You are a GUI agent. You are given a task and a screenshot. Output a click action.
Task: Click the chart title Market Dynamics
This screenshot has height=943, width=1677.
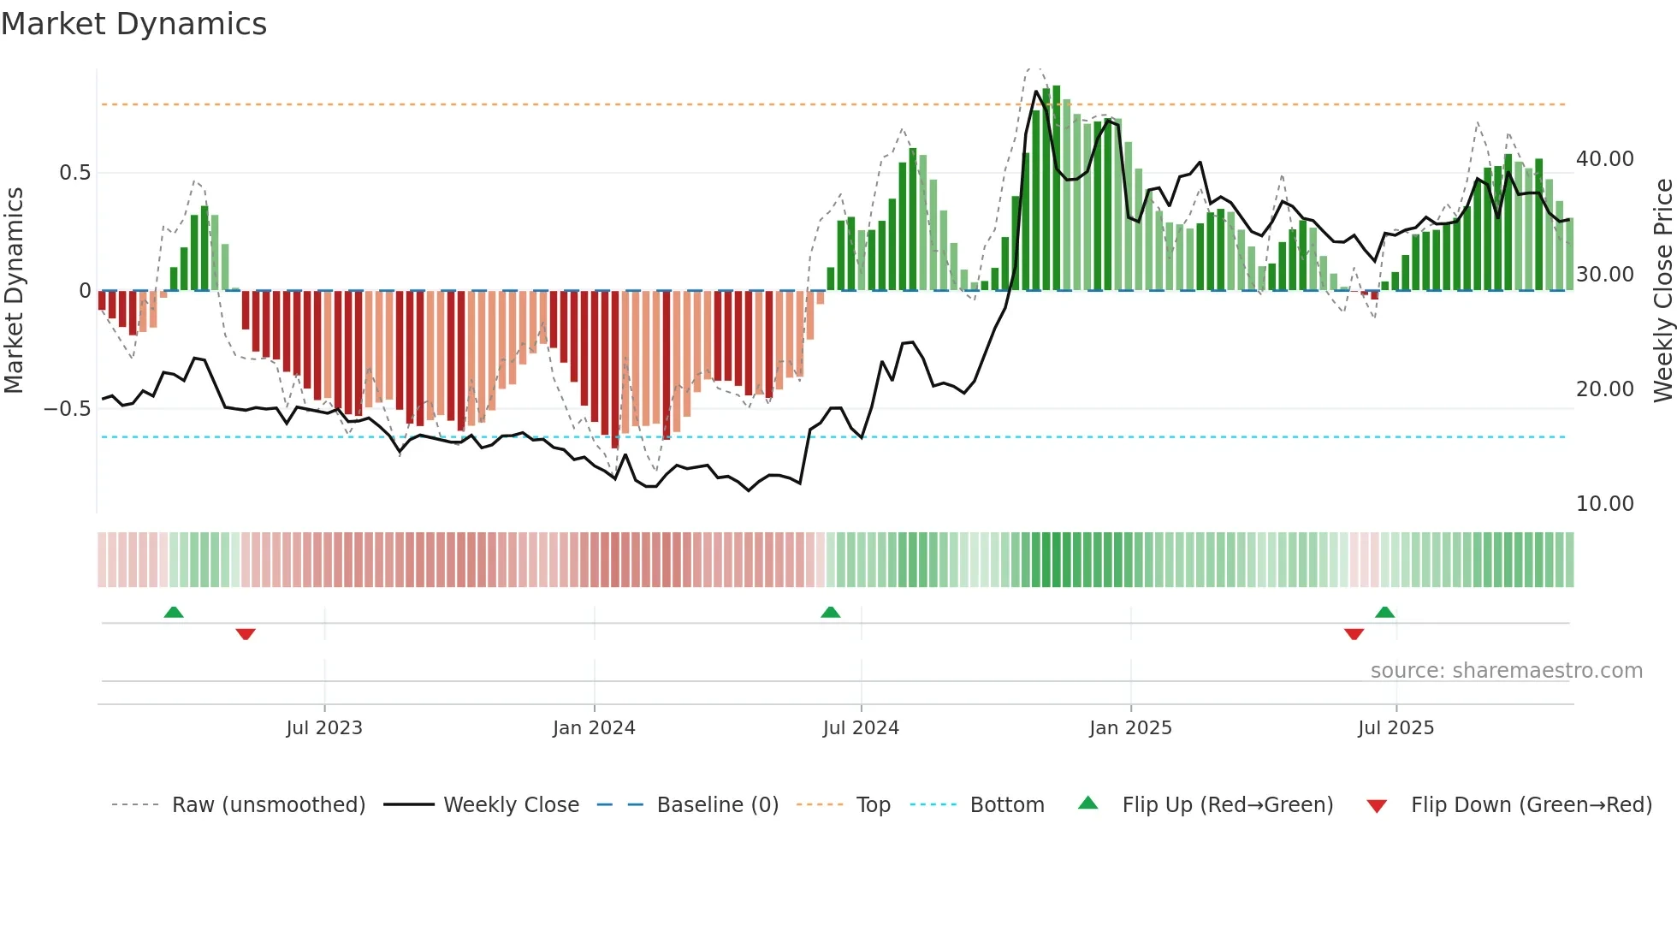[133, 24]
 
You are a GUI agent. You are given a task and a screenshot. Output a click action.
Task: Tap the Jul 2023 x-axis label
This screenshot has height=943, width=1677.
[324, 728]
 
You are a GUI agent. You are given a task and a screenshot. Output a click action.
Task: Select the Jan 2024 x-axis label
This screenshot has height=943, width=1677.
[594, 728]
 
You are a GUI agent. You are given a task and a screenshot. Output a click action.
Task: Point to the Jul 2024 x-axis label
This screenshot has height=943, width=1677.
[861, 728]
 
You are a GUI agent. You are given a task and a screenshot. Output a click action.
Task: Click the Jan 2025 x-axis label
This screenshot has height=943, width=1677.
[1130, 728]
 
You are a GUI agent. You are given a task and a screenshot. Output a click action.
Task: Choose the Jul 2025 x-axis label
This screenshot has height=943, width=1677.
[1396, 728]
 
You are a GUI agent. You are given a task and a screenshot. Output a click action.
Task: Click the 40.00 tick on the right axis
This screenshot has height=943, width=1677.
[1604, 159]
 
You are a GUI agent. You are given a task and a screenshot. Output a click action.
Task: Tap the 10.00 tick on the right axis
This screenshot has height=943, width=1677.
[1604, 504]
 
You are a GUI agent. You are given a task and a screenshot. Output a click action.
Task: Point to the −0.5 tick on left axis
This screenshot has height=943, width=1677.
[68, 409]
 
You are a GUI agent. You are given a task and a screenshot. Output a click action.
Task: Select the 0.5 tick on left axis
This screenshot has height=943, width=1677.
[74, 173]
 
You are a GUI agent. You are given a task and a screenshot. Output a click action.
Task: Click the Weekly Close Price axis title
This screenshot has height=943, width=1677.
[1662, 291]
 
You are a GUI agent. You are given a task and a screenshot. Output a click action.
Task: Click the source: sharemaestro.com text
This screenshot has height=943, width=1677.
[1506, 671]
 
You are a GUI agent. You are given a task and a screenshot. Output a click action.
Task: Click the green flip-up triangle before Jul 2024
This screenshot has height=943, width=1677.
[830, 612]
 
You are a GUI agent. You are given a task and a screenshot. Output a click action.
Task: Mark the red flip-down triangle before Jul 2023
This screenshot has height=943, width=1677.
[246, 634]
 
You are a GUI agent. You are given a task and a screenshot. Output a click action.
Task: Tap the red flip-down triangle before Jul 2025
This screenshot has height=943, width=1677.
[1354, 634]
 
